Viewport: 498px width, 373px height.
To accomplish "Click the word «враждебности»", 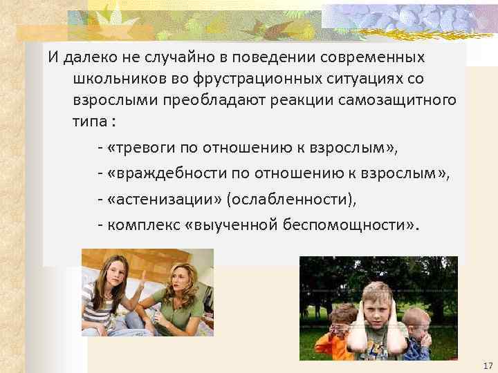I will pyautogui.click(x=166, y=173).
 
